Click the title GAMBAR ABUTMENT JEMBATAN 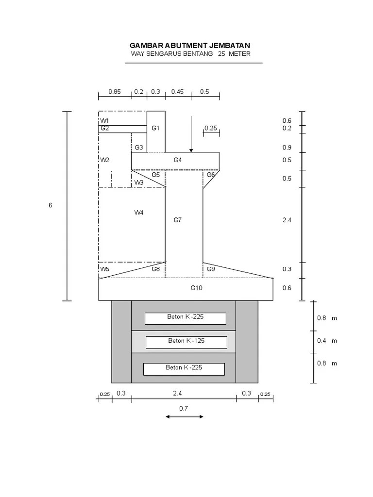click(x=190, y=45)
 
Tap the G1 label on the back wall click(x=155, y=128)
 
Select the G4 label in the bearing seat click(x=178, y=160)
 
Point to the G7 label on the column click(x=178, y=220)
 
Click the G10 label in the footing click(x=196, y=288)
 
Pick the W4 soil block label click(x=139, y=212)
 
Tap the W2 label click(x=105, y=160)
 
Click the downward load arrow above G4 click(x=191, y=134)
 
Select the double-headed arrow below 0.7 click(x=184, y=416)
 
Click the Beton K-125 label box click(x=186, y=341)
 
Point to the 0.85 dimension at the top click(x=115, y=91)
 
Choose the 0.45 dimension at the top click(x=177, y=91)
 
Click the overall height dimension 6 click(x=50, y=205)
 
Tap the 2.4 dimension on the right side click(x=287, y=220)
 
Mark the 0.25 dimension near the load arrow click(x=211, y=128)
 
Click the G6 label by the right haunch click(x=211, y=175)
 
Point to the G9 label click(x=211, y=269)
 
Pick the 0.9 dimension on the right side click(x=287, y=148)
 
